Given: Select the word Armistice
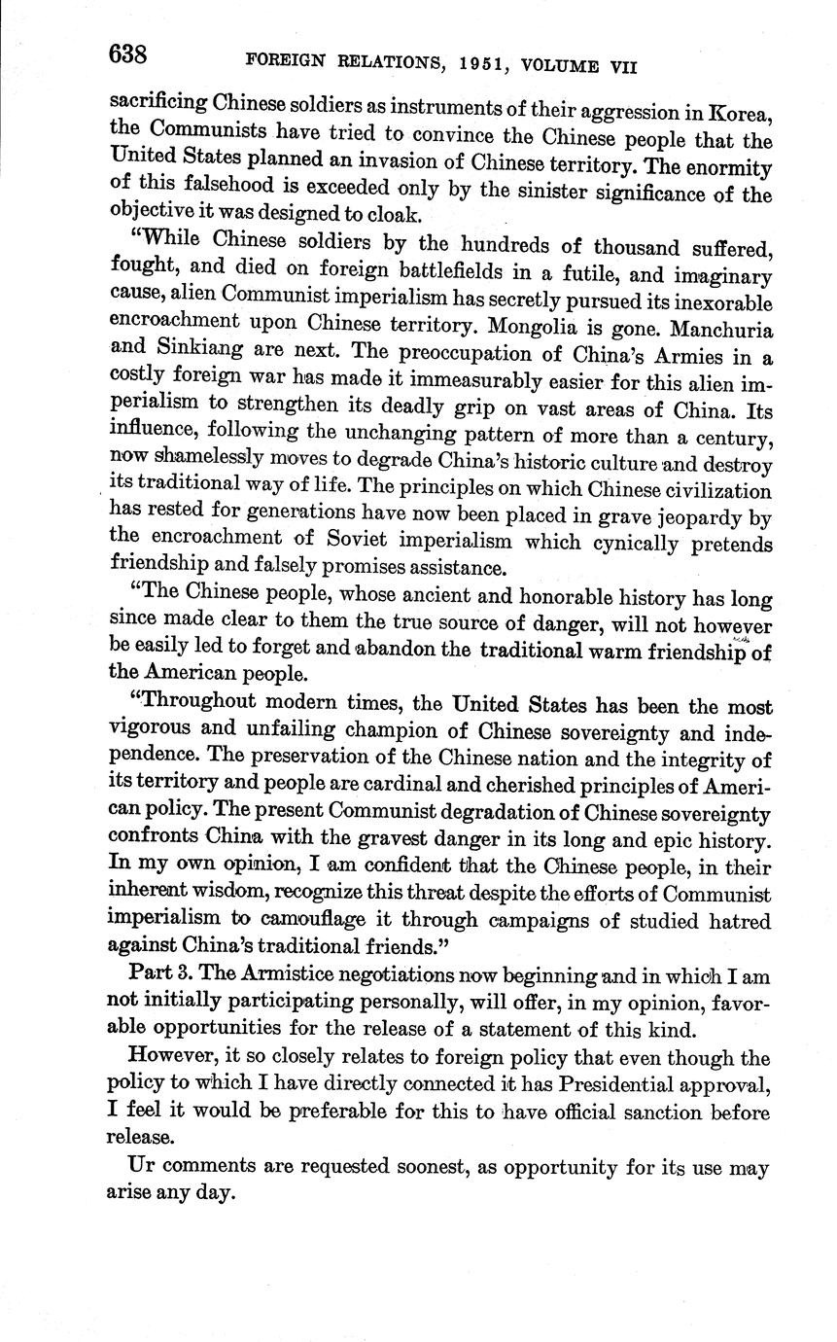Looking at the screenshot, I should click(x=270, y=974).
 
